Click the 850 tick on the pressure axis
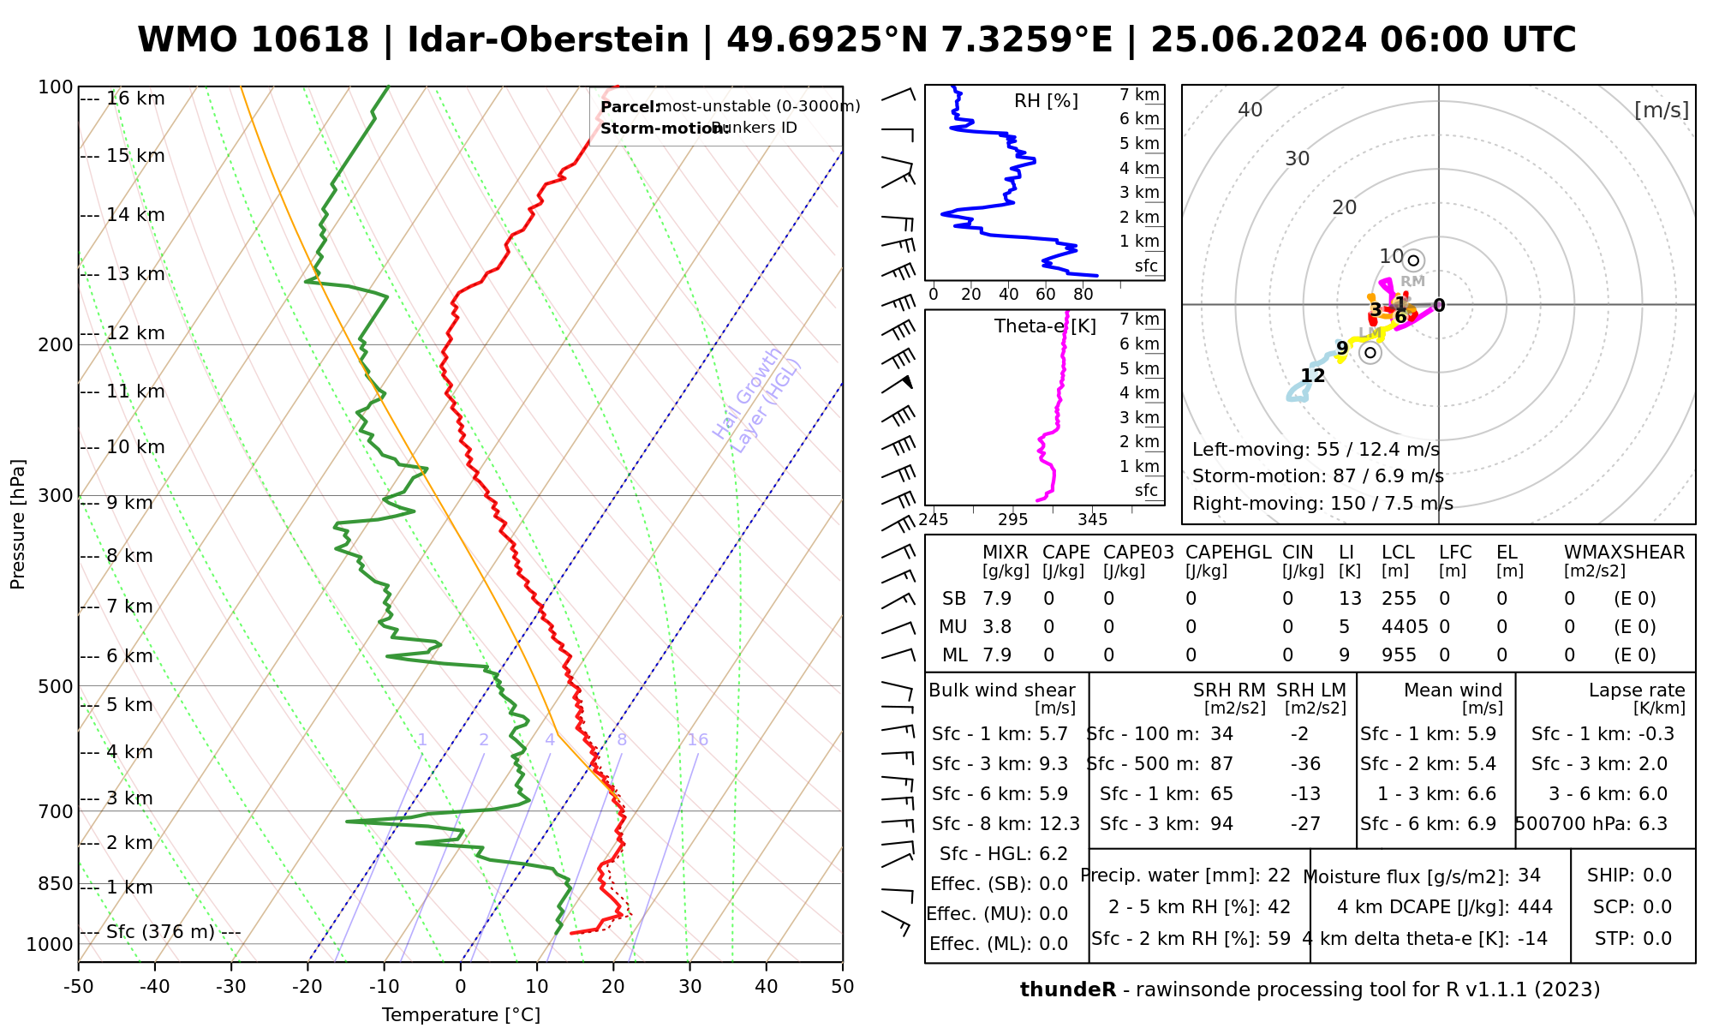56,883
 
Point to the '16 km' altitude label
135,99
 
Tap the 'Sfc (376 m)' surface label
160,931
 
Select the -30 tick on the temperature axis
231,987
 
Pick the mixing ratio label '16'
697,740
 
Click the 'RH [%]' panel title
1046,101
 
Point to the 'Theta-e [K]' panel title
1045,326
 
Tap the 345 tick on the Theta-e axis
1092,520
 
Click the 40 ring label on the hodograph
1250,110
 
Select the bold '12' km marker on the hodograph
1312,376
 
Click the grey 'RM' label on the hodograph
1412,281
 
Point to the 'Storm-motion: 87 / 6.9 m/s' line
1317,476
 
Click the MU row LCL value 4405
1405,627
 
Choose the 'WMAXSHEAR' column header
1624,553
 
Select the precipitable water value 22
1279,876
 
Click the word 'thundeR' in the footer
1067,990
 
